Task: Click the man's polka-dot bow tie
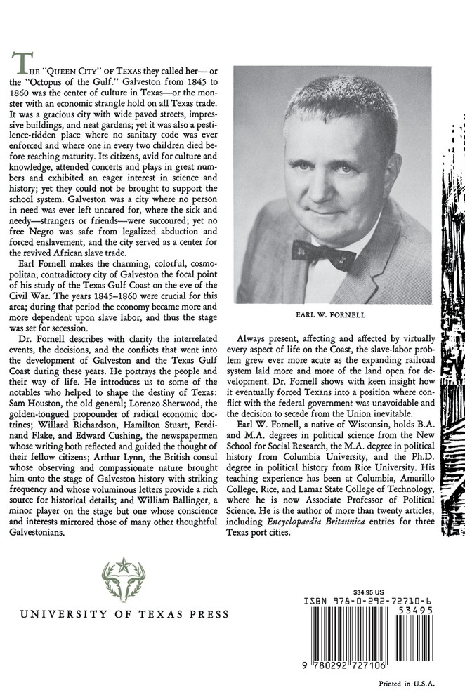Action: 323,255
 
